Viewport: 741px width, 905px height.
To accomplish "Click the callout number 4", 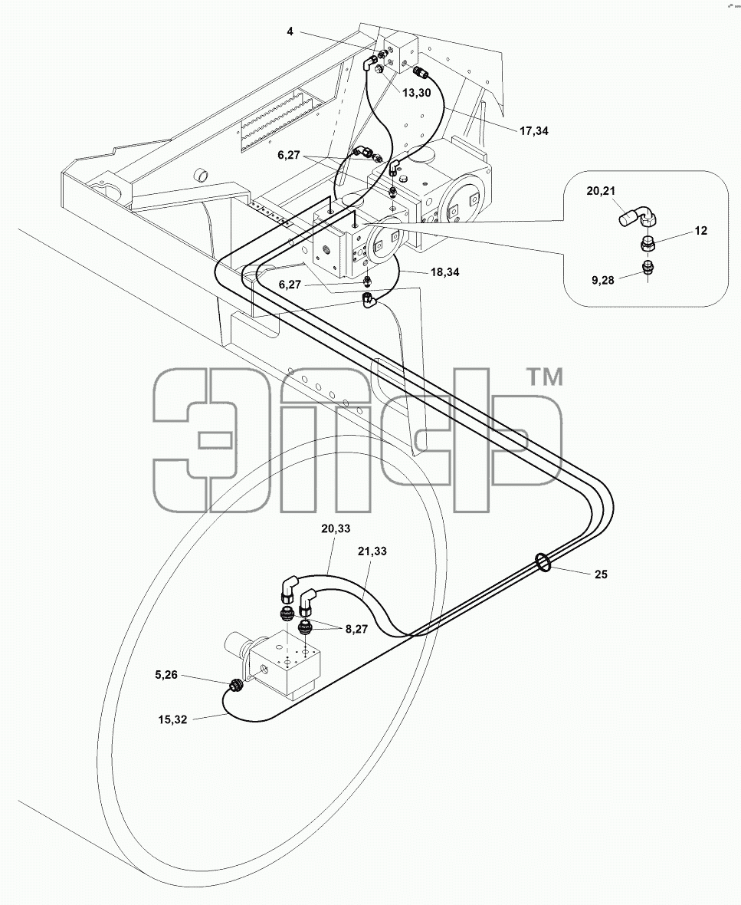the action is pos(290,31).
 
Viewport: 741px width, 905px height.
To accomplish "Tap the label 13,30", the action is pos(416,93).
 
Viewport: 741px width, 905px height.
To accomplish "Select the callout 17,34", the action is pos(534,131).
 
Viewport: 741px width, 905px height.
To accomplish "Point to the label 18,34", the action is pos(444,271).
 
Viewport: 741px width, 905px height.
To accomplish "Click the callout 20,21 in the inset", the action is pos(602,192).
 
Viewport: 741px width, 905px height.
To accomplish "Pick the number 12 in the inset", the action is pos(700,231).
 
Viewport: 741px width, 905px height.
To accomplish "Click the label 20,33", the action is pos(336,528).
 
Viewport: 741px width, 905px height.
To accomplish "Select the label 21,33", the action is pos(372,551).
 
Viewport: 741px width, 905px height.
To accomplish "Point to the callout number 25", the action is pos(601,574).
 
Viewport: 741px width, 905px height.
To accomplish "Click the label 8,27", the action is pos(356,629).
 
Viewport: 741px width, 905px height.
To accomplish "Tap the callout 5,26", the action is pos(166,674).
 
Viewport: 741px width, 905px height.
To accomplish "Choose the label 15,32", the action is pos(173,719).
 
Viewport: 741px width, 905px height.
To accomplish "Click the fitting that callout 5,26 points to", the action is pos(235,686).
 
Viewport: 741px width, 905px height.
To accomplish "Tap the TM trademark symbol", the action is pos(546,378).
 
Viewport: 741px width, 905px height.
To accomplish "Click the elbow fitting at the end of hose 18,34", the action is pos(369,300).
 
